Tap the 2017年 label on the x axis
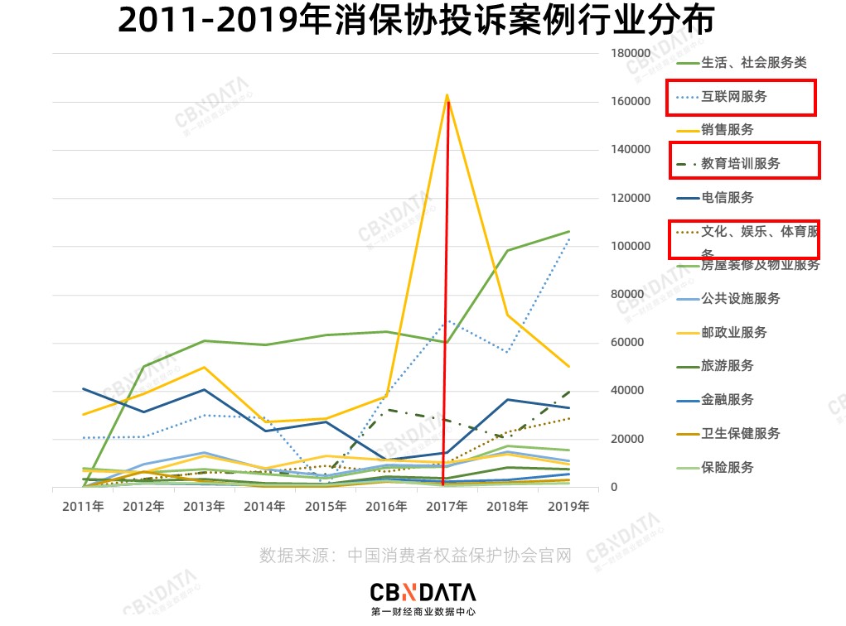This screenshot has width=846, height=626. click(x=447, y=506)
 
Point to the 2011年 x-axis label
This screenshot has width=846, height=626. click(x=83, y=506)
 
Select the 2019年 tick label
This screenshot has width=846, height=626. click(x=568, y=506)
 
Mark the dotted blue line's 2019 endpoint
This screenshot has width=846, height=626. click(x=568, y=238)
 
